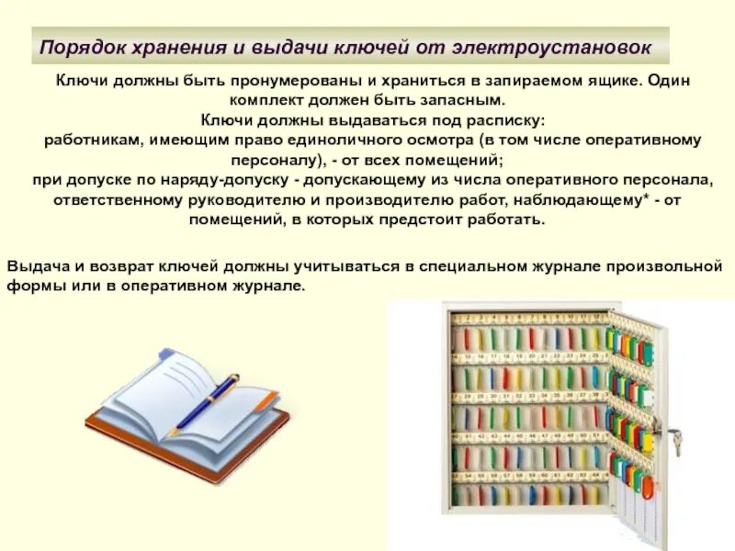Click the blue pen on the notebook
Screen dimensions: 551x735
pos(208,400)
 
